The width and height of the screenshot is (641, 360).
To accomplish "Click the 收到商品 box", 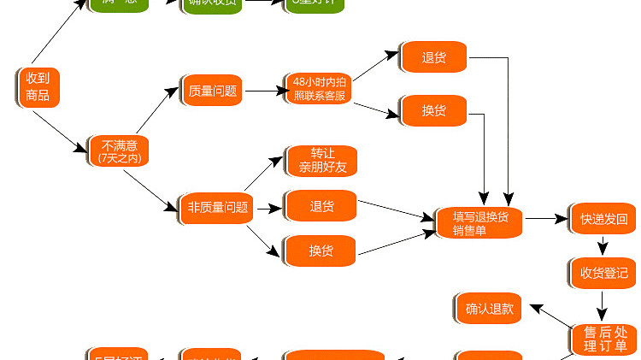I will [38, 87].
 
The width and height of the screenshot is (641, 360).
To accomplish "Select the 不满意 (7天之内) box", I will [118, 150].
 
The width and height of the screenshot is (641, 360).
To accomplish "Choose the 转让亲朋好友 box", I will [321, 161].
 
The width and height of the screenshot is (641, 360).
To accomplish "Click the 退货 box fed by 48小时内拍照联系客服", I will [432, 58].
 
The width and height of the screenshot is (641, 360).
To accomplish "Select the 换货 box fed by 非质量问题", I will [320, 251].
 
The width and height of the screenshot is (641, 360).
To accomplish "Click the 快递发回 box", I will [603, 219].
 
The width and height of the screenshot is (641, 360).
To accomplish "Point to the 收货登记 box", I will [603, 273].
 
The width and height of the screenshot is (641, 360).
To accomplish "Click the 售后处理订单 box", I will [605, 338].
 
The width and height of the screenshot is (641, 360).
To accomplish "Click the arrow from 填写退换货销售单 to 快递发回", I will [546, 219].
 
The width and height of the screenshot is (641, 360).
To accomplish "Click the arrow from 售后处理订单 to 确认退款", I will [551, 316].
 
